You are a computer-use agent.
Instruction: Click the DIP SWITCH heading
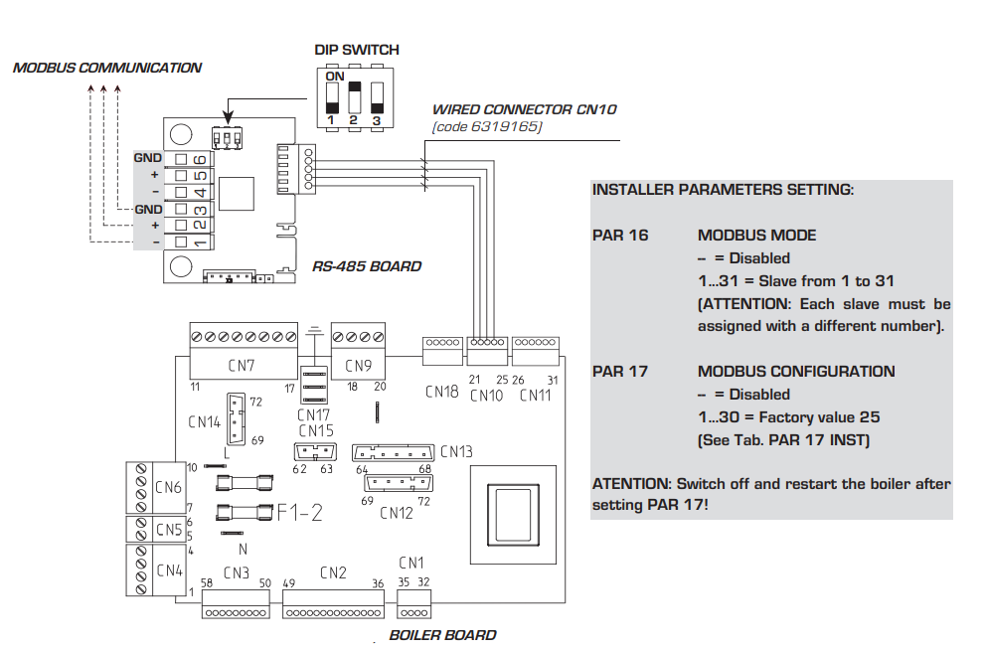(x=357, y=50)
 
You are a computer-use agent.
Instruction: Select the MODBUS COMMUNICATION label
(x=107, y=69)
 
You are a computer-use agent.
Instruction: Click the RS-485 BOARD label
(x=367, y=266)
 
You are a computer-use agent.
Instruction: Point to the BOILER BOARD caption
(x=442, y=635)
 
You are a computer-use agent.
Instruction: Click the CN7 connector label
(x=242, y=366)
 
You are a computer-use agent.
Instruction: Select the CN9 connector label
(x=359, y=366)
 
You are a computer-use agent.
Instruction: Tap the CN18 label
(x=441, y=393)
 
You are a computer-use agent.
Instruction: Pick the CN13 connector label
(x=456, y=453)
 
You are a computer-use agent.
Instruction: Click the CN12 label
(x=396, y=513)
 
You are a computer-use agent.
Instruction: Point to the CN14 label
(x=204, y=421)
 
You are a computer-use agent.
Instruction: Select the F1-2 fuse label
(x=300, y=513)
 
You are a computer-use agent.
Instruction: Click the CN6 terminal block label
(x=169, y=488)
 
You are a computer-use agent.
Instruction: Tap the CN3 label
(x=237, y=572)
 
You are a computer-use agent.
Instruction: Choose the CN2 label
(x=333, y=572)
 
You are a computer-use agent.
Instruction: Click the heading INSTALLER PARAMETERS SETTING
(x=723, y=190)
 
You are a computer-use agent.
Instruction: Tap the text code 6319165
(x=487, y=126)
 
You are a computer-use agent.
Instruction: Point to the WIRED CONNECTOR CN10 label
(x=524, y=109)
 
